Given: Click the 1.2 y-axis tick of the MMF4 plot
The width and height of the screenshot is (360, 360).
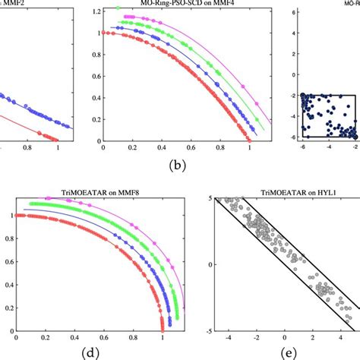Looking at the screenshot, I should coord(96,12).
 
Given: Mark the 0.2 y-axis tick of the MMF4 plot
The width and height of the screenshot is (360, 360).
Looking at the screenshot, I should coord(96,119).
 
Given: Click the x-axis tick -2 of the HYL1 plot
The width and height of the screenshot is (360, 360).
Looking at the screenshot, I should coord(257,339).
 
